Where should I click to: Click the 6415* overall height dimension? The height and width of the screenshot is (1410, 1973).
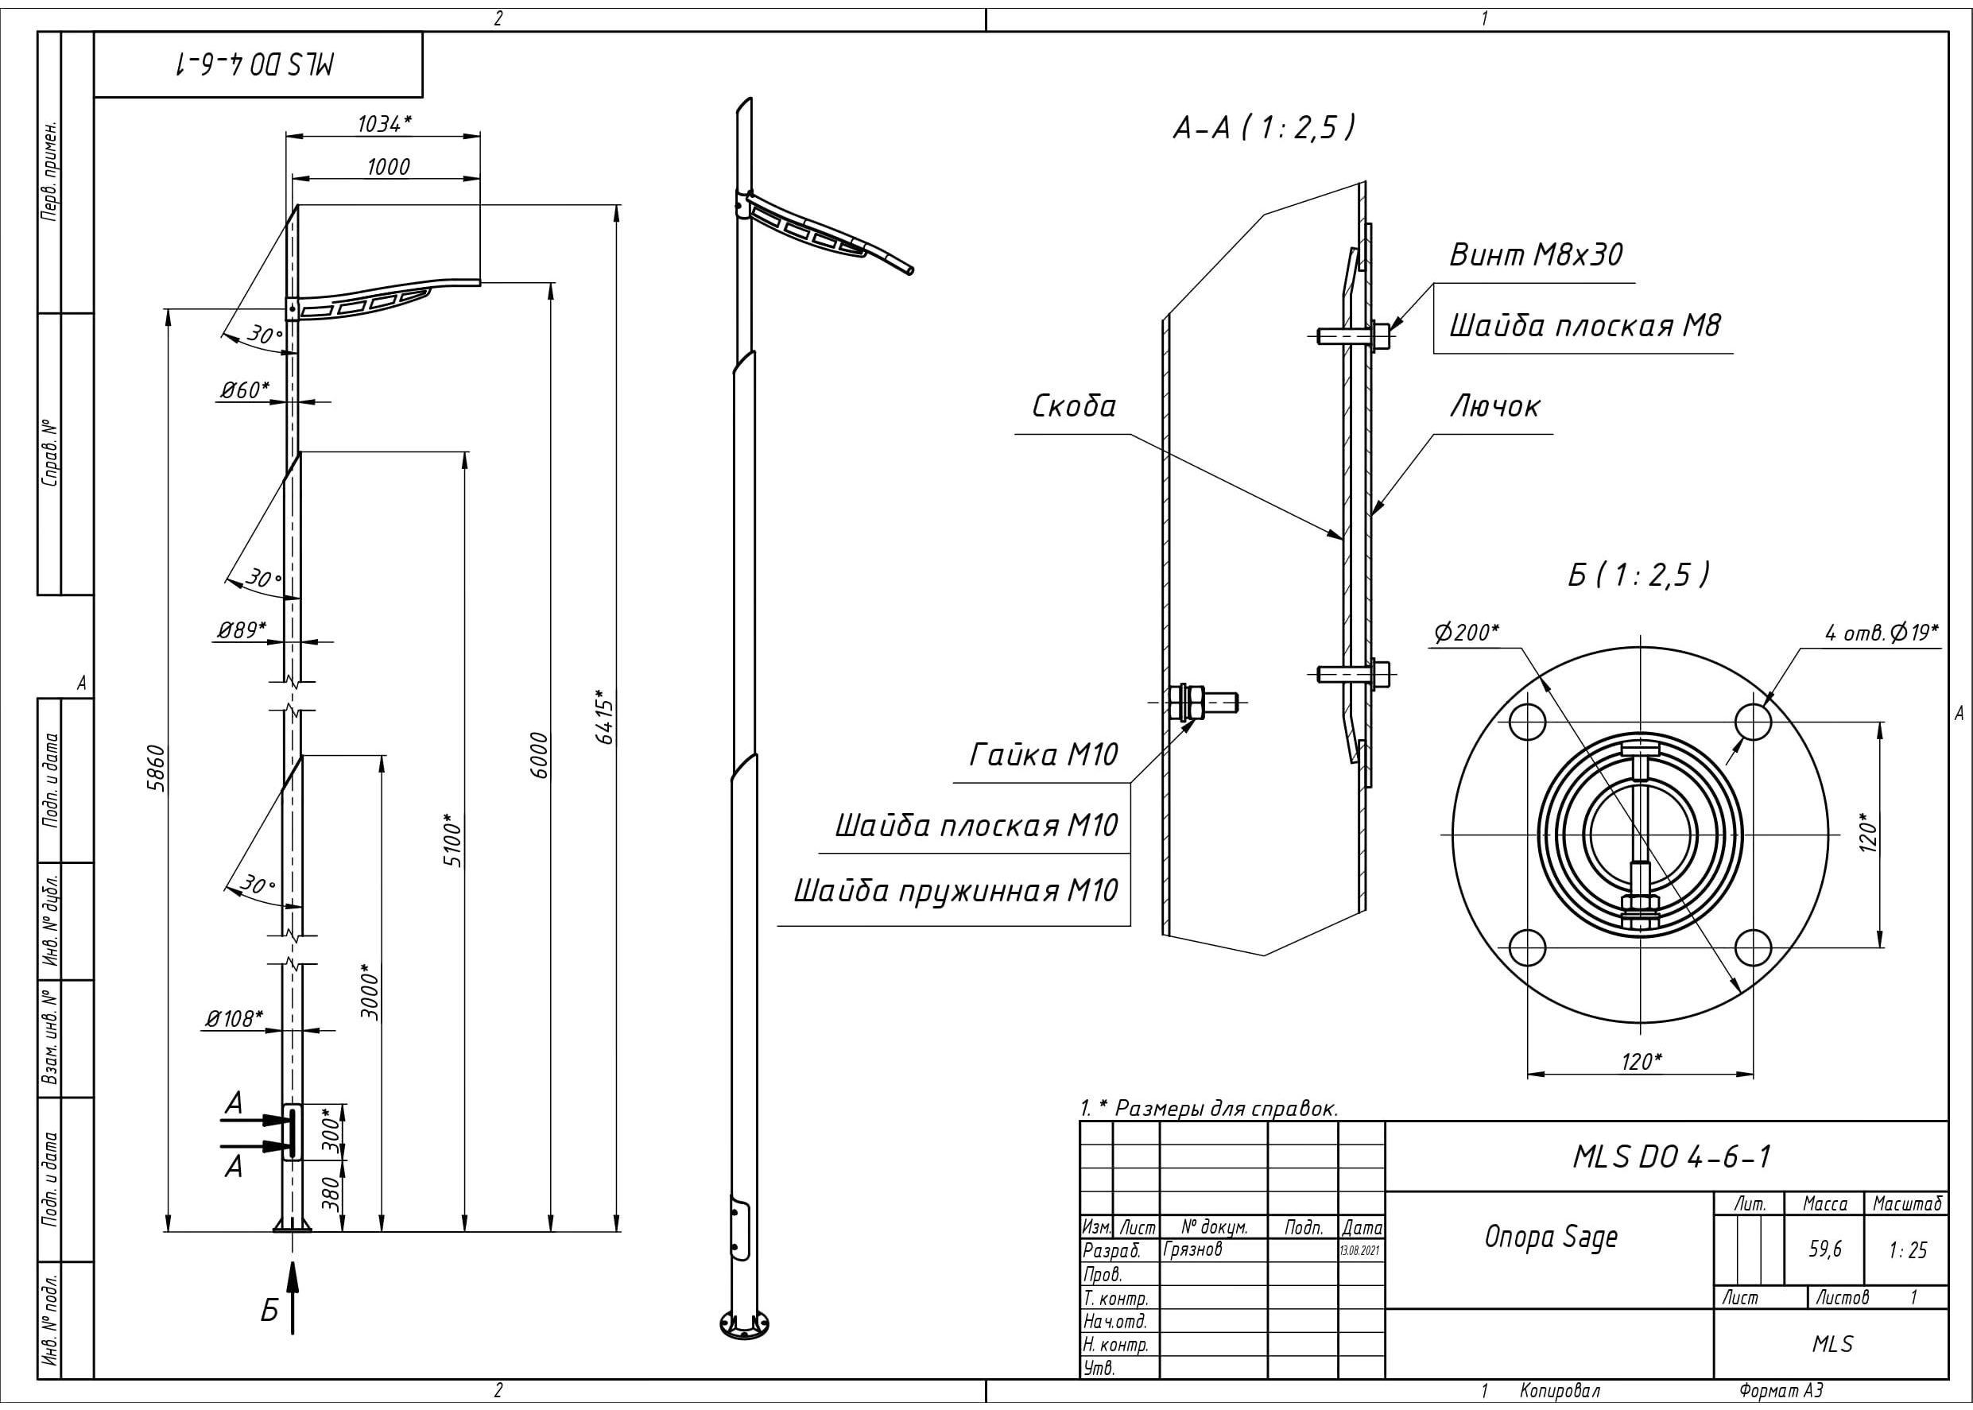(x=605, y=717)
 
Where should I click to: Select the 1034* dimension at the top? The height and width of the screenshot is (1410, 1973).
(x=384, y=124)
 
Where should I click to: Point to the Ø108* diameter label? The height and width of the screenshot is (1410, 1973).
(x=234, y=1018)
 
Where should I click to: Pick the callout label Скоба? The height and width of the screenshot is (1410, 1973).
(x=1073, y=406)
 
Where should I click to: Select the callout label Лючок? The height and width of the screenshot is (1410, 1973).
(x=1494, y=406)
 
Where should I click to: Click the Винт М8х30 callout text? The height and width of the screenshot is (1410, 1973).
(x=1535, y=254)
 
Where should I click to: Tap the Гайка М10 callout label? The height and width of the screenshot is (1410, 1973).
(x=1043, y=754)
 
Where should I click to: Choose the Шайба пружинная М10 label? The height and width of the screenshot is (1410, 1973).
(x=955, y=891)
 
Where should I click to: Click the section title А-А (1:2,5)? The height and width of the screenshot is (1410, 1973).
(x=1263, y=129)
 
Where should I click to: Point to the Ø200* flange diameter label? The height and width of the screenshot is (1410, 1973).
(x=1466, y=632)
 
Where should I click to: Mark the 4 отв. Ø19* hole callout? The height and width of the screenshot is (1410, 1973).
(x=1881, y=632)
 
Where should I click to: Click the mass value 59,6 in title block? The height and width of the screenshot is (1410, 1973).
(x=1824, y=1249)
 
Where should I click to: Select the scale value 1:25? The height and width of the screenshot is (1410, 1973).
(x=1907, y=1250)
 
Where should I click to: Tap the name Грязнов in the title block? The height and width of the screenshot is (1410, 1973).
(x=1192, y=1249)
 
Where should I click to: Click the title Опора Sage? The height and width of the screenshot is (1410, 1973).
(x=1551, y=1238)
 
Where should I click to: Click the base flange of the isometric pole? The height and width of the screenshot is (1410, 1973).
(x=744, y=1324)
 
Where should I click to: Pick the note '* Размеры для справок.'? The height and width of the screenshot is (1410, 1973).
(x=1209, y=1109)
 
